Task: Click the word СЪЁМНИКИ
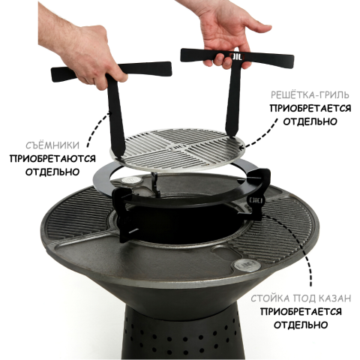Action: [52, 145]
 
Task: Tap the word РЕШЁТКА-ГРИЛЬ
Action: [310, 95]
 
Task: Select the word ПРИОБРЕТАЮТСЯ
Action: [52, 159]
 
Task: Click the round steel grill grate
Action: [178, 148]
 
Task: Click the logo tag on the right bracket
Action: [255, 200]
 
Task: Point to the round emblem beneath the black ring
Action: [130, 181]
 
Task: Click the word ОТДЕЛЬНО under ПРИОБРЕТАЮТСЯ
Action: [52, 172]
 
